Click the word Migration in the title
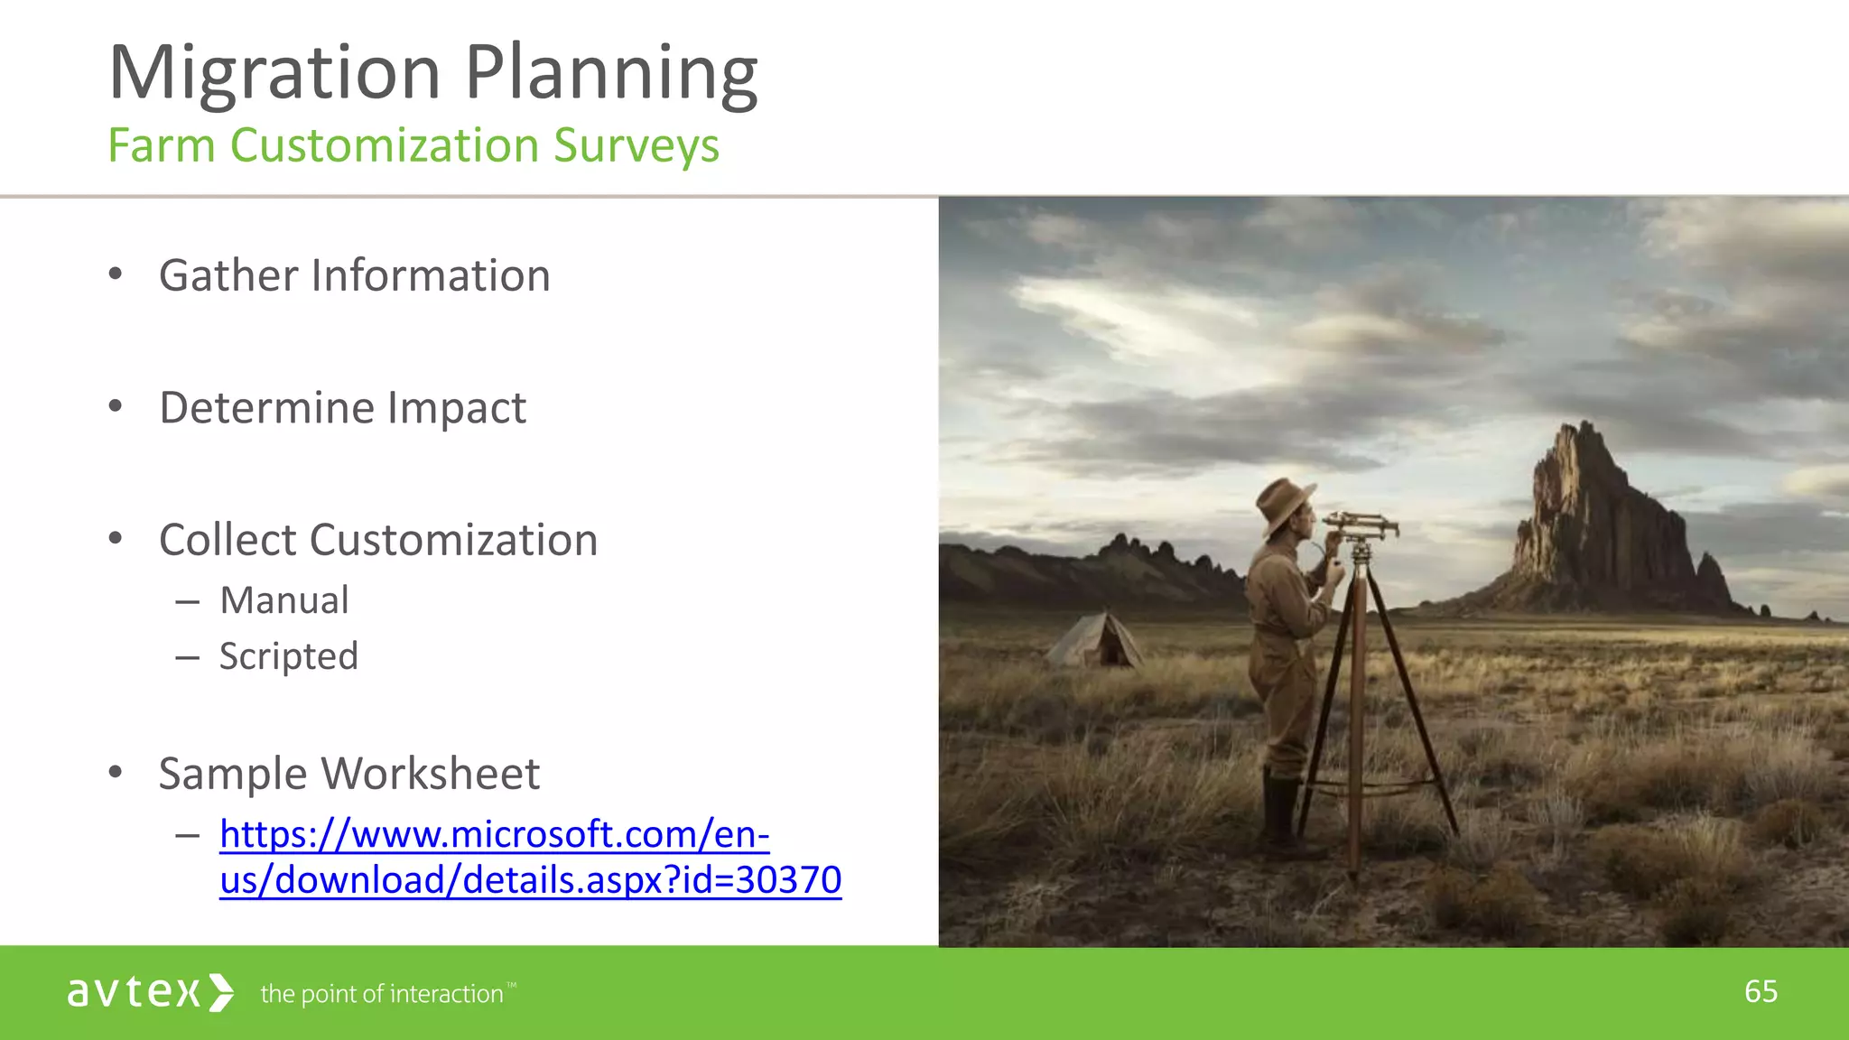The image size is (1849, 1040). click(x=274, y=74)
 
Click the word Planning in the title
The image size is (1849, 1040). click(x=611, y=74)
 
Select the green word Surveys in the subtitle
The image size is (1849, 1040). click(x=636, y=146)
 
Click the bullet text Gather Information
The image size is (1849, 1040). click(x=354, y=275)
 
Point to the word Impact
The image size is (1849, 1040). click(x=456, y=408)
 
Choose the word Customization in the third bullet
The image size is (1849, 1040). click(x=453, y=540)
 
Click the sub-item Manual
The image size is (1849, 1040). click(x=284, y=600)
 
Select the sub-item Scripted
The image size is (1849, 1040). click(x=289, y=656)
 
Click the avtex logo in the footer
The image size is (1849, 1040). click(x=150, y=992)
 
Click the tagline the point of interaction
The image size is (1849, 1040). click(x=381, y=994)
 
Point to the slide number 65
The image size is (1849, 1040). click(x=1761, y=991)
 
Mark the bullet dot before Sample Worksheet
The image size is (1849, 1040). click(x=115, y=773)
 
